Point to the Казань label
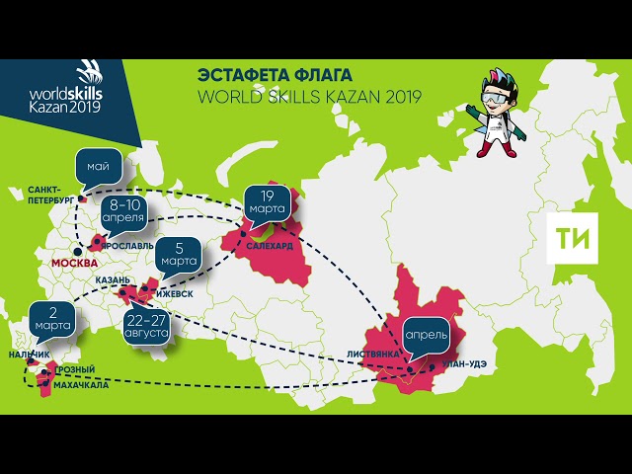coord(112,280)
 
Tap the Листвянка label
coord(373,354)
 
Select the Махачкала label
coord(81,386)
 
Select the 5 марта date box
coord(179,255)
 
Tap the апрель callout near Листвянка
coord(426,334)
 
